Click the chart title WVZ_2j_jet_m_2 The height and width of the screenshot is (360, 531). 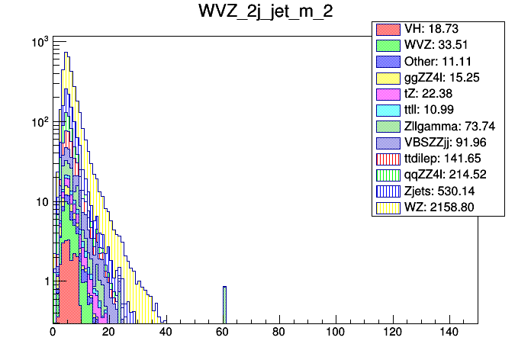click(x=265, y=13)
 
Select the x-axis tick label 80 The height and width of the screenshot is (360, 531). click(x=278, y=333)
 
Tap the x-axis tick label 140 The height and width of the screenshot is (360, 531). click(x=448, y=333)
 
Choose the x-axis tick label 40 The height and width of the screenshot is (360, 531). click(x=166, y=333)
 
